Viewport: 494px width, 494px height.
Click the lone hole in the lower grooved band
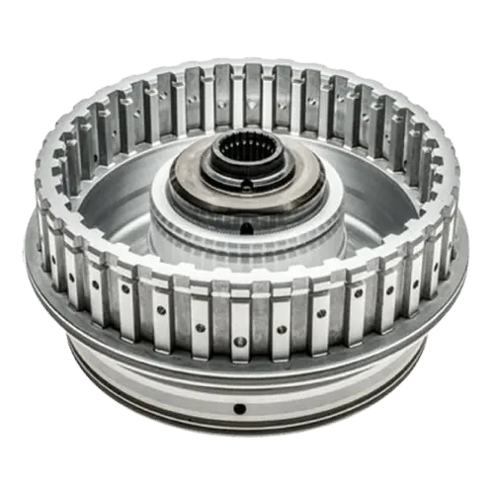click(239, 408)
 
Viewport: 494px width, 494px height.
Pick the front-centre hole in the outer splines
click(239, 341)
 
